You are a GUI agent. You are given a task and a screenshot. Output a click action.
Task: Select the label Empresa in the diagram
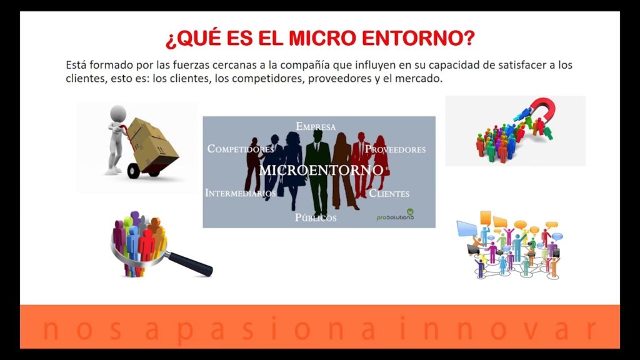click(316, 126)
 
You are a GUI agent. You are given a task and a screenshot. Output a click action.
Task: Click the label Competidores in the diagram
click(241, 149)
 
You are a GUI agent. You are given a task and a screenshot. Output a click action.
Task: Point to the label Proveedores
click(395, 149)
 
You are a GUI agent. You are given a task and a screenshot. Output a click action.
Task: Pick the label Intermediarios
click(240, 193)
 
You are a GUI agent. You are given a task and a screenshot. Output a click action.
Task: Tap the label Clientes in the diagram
click(389, 193)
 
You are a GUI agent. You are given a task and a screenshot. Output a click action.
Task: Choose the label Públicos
click(316, 217)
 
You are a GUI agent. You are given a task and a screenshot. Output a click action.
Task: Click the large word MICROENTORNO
click(321, 169)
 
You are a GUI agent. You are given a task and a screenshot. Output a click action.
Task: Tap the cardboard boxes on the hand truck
click(154, 141)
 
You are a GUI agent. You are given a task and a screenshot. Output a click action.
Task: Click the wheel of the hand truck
click(134, 170)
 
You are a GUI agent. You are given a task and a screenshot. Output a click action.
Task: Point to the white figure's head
click(118, 112)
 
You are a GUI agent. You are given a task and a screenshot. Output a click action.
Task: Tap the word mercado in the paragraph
click(422, 80)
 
